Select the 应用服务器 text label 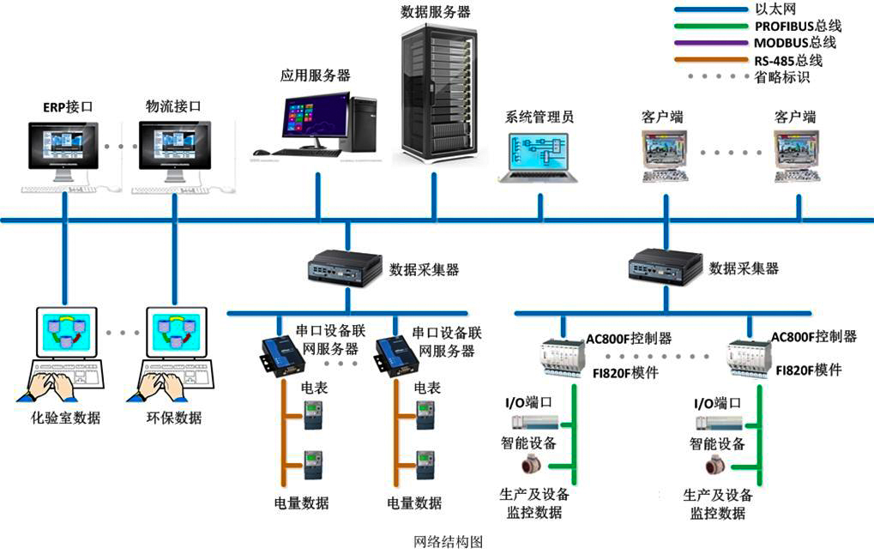coord(315,75)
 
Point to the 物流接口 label coord(173,107)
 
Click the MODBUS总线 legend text coord(794,43)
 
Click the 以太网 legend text coord(775,9)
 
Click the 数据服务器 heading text coord(436,12)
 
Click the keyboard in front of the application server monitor coord(297,153)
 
